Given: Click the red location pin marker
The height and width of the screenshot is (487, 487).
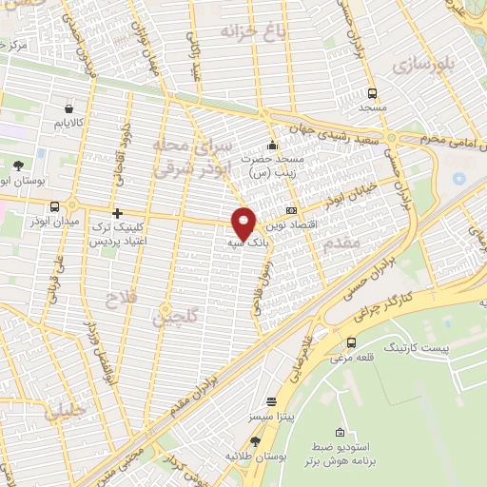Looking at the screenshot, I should [244, 222].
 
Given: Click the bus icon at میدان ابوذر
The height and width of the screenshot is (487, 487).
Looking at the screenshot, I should [56, 206].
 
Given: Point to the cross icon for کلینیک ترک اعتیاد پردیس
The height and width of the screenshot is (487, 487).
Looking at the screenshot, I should [116, 214].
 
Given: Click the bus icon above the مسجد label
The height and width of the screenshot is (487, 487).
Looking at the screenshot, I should [372, 93].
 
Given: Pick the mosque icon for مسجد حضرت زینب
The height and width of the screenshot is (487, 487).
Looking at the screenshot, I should [273, 146].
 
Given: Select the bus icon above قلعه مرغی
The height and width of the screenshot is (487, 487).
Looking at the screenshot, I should [352, 342].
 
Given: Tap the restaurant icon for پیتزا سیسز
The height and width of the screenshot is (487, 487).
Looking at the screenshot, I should [271, 402].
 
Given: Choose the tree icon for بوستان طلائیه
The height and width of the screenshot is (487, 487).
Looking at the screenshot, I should [255, 441].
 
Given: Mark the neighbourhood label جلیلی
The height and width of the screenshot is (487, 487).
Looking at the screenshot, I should [65, 411].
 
